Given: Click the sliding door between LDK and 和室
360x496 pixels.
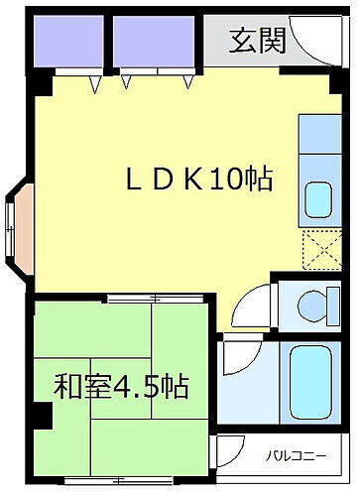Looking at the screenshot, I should pos(159,297).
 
